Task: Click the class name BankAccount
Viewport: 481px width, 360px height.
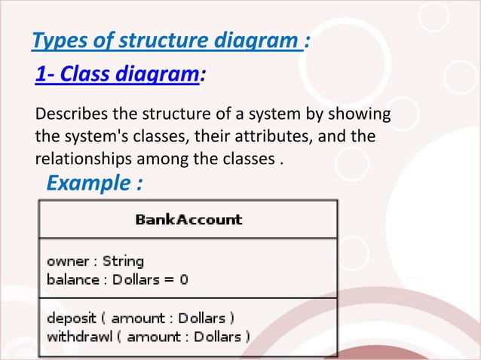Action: pyautogui.click(x=188, y=220)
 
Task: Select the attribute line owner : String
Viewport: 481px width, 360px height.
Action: pyautogui.click(x=95, y=262)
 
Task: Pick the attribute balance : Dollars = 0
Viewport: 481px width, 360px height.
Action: pyautogui.click(x=118, y=279)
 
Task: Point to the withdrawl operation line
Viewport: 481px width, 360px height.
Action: pyautogui.click(x=149, y=337)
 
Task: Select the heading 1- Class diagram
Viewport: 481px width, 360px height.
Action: pyautogui.click(x=117, y=75)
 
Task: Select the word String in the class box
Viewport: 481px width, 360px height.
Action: pyautogui.click(x=123, y=262)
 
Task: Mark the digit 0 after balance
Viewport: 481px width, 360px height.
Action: pyautogui.click(x=183, y=279)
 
